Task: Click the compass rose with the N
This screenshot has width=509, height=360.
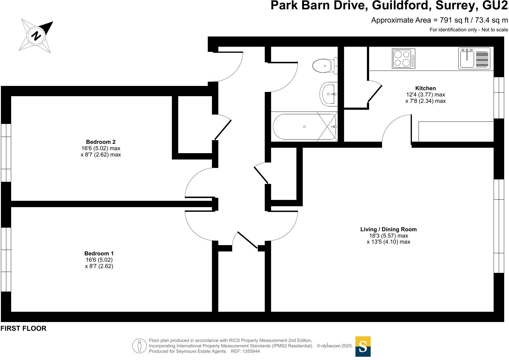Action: coord(36,36)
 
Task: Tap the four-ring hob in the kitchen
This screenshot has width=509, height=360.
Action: coord(403,58)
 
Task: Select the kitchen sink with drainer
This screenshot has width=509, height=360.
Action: coord(474,58)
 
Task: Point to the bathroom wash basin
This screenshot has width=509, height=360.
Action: coord(329,94)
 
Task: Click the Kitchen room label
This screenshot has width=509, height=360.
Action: coord(425,88)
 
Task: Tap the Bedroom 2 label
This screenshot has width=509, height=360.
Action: coord(101,142)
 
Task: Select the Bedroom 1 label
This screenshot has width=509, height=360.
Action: coord(99,253)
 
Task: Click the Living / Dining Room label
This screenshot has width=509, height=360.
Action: coord(388,229)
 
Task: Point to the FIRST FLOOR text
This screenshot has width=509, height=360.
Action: coord(24,329)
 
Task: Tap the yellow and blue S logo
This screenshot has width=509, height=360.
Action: coord(363,346)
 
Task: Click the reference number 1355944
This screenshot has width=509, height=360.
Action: coord(250,351)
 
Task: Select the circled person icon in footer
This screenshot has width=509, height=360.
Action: coord(139,346)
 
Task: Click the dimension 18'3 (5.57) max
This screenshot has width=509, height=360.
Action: coord(388,235)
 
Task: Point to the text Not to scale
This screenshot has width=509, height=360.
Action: coord(495,30)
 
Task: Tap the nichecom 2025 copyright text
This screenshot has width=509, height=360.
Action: coord(335,346)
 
